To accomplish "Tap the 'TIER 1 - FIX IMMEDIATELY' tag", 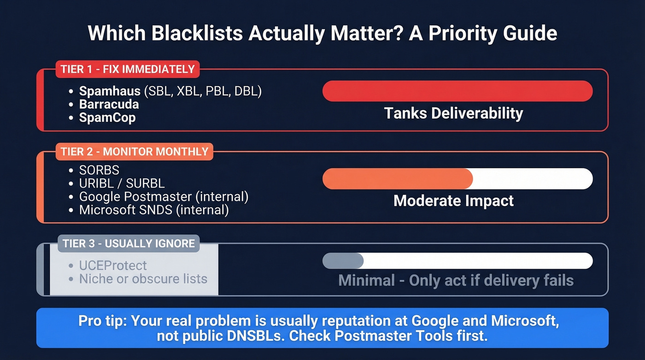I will coord(128,70).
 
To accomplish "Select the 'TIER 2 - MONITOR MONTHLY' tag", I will coord(135,152).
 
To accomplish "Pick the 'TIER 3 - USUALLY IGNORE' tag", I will coord(129,243).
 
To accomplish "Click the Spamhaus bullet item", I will coord(170,91).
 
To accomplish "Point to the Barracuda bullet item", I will coord(109,104).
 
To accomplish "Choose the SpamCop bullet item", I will coord(107,117).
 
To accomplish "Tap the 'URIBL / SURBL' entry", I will coord(122,183).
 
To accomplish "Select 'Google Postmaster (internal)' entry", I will coord(164,197).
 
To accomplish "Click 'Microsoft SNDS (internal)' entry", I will coord(154,210).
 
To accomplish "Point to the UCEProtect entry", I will coord(113,266).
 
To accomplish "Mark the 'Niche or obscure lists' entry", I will coord(143,279).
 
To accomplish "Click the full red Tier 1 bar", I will coord(457,91).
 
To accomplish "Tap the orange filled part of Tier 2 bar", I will coord(397,179).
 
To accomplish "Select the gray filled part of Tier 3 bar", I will coord(343,261).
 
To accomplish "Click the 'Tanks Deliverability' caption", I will coord(453,113).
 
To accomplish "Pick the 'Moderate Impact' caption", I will coord(453,201).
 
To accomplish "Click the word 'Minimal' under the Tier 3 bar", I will coord(367,280).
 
